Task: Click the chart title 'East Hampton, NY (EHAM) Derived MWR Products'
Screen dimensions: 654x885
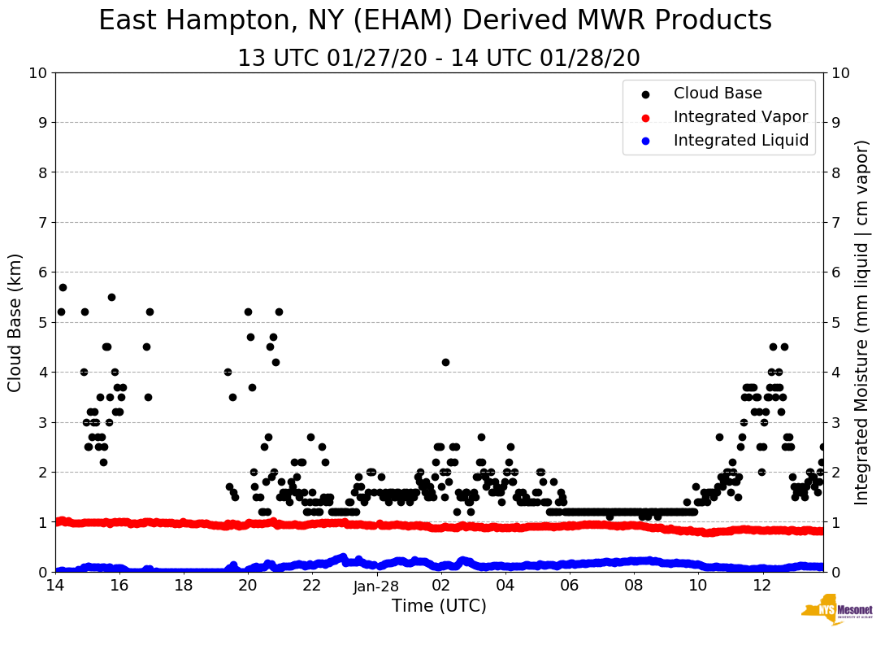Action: pyautogui.click(x=435, y=21)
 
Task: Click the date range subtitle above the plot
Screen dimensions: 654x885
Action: pyautogui.click(x=439, y=59)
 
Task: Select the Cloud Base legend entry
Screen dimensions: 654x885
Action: pyautogui.click(x=718, y=94)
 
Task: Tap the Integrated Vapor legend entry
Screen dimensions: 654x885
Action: pyautogui.click(x=740, y=117)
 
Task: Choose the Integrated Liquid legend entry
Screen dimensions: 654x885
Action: pyautogui.click(x=740, y=141)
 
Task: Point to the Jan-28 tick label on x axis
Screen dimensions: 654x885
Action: pyautogui.click(x=376, y=586)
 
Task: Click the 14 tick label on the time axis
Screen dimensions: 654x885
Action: pyautogui.click(x=55, y=586)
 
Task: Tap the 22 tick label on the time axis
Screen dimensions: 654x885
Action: pyautogui.click(x=312, y=586)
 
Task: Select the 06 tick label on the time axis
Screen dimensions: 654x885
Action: pyautogui.click(x=570, y=586)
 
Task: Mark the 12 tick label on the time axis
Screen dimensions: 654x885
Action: pyautogui.click(x=762, y=586)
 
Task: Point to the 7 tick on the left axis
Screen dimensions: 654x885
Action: pyautogui.click(x=42, y=223)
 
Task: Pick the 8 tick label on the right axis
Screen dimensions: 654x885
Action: pyautogui.click(x=837, y=172)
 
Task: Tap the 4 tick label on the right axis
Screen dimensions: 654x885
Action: pyautogui.click(x=837, y=373)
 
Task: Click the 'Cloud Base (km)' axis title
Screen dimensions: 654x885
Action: pyautogui.click(x=15, y=322)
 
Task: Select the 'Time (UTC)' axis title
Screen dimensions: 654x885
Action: pyautogui.click(x=439, y=606)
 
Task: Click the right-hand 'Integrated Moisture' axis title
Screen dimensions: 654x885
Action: pyautogui.click(x=862, y=322)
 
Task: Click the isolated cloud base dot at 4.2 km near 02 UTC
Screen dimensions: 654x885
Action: pyautogui.click(x=445, y=362)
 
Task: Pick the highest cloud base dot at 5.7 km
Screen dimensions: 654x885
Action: pyautogui.click(x=63, y=287)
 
